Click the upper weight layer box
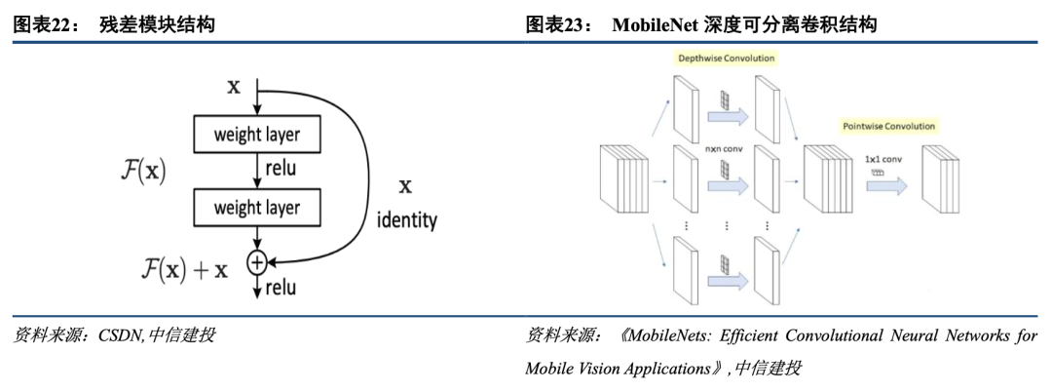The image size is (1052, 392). [x=256, y=135]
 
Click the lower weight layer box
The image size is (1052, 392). [x=256, y=207]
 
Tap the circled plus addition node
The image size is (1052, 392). [x=256, y=261]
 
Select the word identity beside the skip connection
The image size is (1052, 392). [x=406, y=220]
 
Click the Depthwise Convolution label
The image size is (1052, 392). [x=727, y=59]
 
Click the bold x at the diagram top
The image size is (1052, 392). [x=234, y=86]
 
